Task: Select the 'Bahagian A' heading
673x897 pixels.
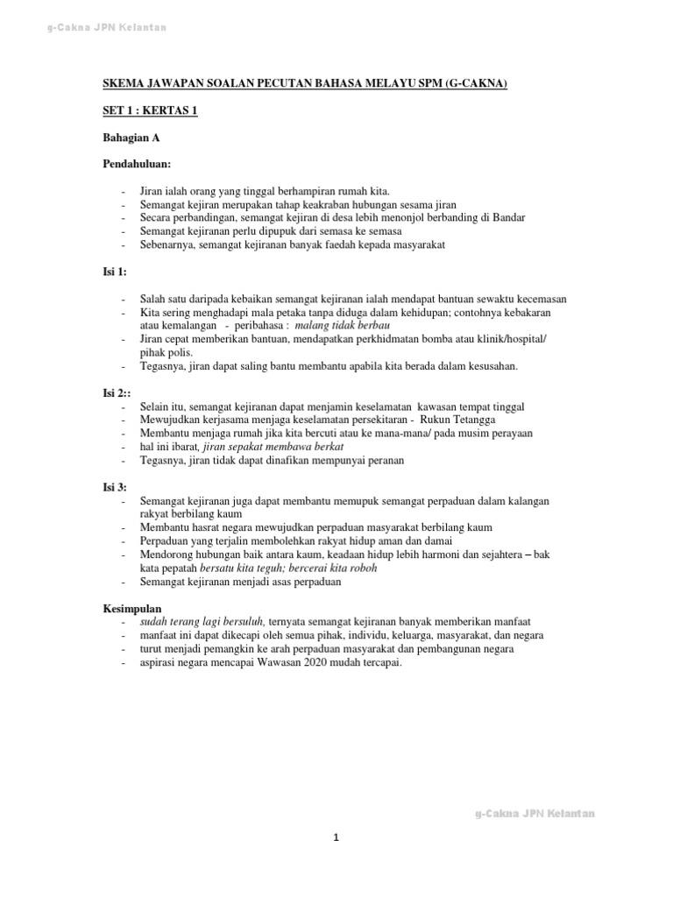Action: (131, 138)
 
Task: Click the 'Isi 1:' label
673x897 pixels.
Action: (115, 272)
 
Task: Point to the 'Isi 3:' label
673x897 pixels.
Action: (115, 487)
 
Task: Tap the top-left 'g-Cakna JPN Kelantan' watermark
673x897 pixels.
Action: (106, 29)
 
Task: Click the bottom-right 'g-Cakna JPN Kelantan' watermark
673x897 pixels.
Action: (535, 814)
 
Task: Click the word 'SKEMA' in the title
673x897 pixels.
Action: (123, 84)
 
